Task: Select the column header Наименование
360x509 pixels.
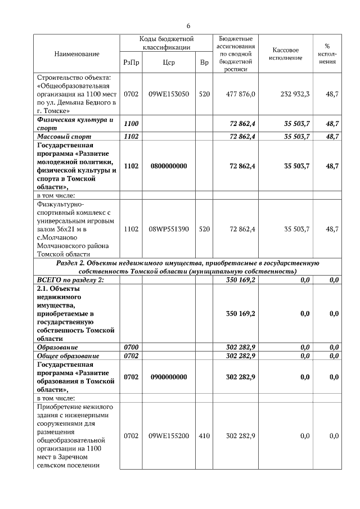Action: [76, 53]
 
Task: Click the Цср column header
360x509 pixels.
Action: [168, 62]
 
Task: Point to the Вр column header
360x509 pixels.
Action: [204, 62]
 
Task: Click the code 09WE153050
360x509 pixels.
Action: [168, 94]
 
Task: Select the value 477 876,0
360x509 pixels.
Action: [240, 94]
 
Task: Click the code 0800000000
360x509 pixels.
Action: [168, 166]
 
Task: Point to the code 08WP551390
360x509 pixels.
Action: [168, 229]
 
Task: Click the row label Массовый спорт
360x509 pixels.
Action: [64, 136]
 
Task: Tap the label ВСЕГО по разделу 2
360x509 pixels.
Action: [70, 280]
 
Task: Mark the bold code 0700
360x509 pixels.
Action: [130, 348]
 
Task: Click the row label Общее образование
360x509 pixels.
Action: [68, 355]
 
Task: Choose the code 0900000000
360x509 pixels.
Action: [168, 377]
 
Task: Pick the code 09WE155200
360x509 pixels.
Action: [168, 436]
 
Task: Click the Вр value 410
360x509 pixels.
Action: [204, 436]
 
